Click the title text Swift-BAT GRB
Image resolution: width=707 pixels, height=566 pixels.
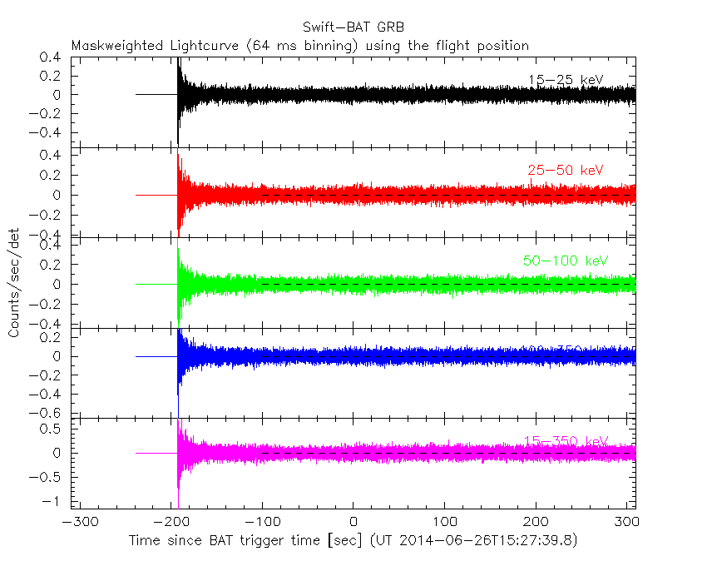[x=353, y=27]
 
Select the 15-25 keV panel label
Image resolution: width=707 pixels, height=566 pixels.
[x=565, y=80]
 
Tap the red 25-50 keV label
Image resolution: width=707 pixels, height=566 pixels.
[x=565, y=171]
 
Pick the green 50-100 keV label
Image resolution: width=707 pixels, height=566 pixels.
[x=566, y=261]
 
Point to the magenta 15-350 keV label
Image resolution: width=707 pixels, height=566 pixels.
[x=566, y=440]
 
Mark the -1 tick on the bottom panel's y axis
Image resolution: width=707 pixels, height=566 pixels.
[x=57, y=501]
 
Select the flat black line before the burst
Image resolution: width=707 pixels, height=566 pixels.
[x=156, y=94]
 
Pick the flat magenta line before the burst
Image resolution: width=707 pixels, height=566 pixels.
[x=156, y=453]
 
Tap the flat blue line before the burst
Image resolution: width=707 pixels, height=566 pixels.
[x=156, y=356]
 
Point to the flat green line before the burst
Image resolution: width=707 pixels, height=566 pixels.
[x=156, y=284]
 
